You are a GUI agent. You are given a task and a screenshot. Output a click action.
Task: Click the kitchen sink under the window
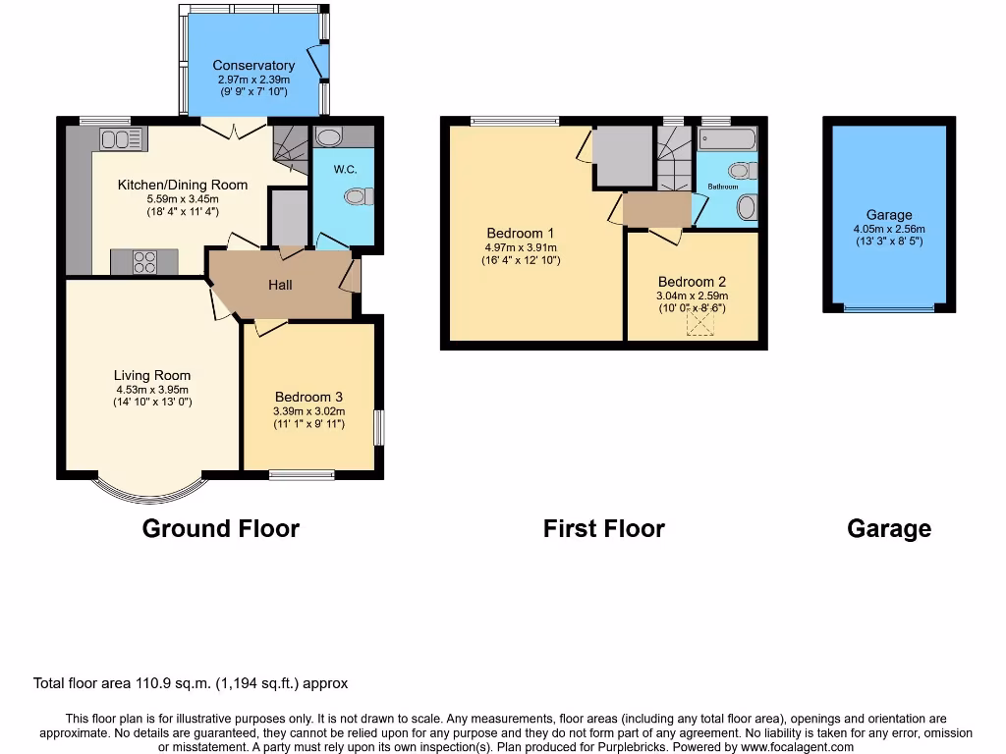[121, 138]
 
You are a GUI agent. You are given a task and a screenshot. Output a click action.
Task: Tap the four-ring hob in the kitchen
[144, 262]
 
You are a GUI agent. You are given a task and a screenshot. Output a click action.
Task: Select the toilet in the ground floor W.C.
[360, 197]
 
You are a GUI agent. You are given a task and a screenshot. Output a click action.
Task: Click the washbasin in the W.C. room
[328, 136]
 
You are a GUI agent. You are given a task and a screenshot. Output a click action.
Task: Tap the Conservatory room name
[253, 66]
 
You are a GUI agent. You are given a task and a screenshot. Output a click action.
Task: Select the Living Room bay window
[149, 490]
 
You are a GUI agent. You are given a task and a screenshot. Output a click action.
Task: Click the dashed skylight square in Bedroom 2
[699, 325]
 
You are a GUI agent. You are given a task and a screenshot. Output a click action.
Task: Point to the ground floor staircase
[290, 149]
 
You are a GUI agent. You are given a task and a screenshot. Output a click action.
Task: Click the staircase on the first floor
[675, 161]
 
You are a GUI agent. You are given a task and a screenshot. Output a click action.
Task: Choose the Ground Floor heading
[220, 528]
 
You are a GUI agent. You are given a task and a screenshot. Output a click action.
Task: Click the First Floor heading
[603, 528]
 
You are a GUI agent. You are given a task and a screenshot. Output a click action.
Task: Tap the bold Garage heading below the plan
[888, 528]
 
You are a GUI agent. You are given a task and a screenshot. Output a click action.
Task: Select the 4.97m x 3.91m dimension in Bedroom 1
[520, 247]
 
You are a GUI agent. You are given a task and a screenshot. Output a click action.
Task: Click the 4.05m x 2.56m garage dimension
[888, 229]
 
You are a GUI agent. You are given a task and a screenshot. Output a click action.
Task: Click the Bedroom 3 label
[308, 397]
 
